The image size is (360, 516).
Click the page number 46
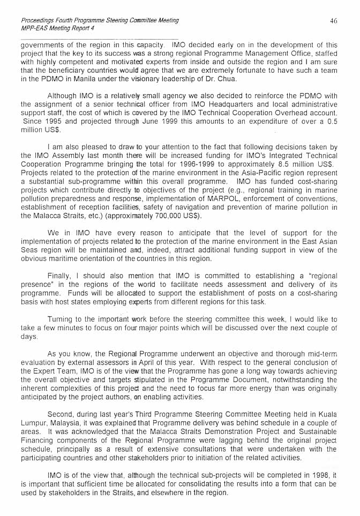coord(334,21)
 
